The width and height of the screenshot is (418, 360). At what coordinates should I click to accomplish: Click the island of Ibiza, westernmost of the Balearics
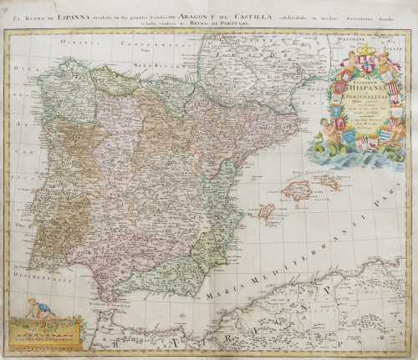[267, 211]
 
